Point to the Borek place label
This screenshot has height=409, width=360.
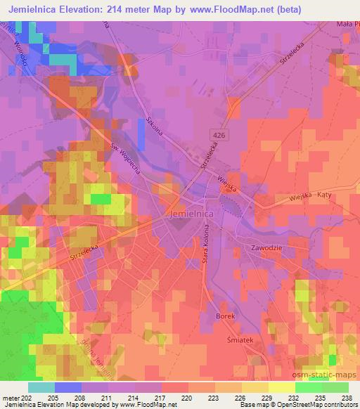(225, 316)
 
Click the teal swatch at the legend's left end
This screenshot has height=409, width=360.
(41, 387)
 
